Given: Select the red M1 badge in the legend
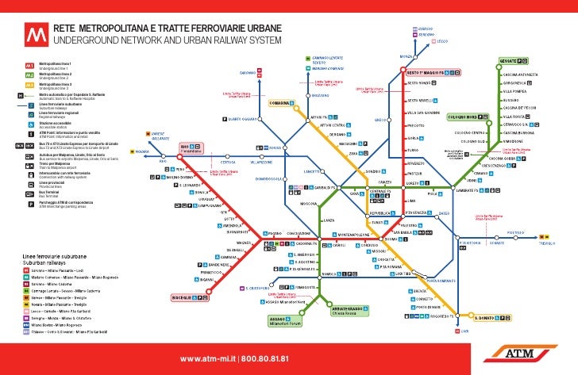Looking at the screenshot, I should pyautogui.click(x=29, y=63).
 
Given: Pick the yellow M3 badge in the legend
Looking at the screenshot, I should pyautogui.click(x=29, y=85).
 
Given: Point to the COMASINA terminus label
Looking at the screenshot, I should pyautogui.click(x=280, y=103).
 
